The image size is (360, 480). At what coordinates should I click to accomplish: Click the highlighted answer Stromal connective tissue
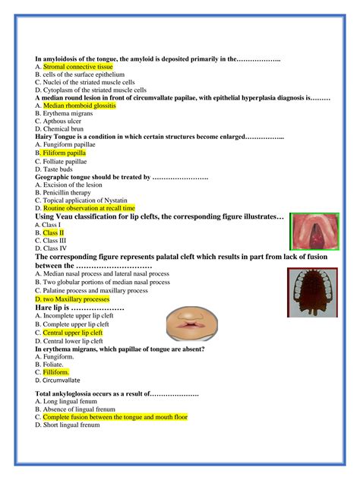tap(77, 67)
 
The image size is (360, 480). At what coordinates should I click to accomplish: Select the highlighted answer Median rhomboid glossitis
tap(79, 106)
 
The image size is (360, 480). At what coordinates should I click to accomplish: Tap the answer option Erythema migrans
tap(68, 113)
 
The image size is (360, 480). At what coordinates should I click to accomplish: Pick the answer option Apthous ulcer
tap(63, 121)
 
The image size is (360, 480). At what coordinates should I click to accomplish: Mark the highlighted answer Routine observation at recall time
tap(89, 208)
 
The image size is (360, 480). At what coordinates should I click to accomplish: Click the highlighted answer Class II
tap(53, 232)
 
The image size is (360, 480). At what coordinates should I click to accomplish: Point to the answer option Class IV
tap(54, 248)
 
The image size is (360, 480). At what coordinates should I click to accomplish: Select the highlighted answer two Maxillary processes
tap(75, 299)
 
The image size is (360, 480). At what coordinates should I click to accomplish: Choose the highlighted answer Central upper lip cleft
tap(72, 333)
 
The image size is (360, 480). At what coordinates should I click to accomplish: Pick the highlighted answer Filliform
tap(55, 372)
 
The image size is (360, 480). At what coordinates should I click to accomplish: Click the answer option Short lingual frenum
tap(71, 425)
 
